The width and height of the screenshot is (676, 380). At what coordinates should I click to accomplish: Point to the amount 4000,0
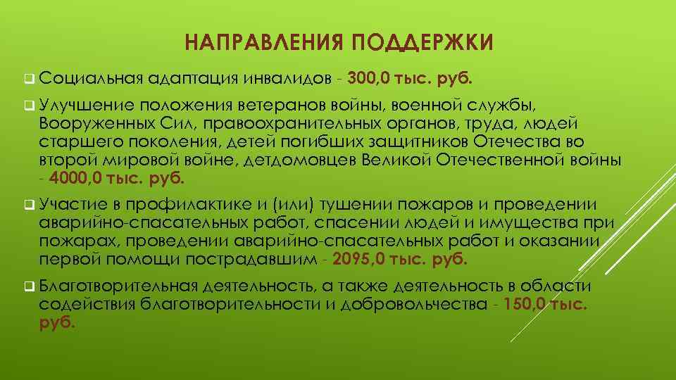point(76,178)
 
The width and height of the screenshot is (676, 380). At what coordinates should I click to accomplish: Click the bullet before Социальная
point(27,77)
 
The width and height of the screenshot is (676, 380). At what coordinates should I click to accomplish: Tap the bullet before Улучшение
point(27,107)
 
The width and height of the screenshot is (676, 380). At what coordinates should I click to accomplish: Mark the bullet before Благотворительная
point(27,287)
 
